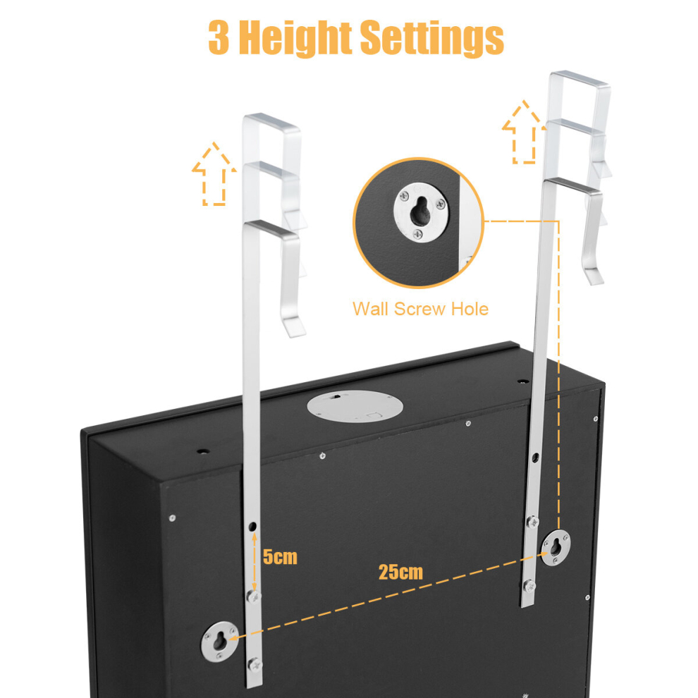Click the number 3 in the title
pos(219,37)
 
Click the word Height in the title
pos(295,38)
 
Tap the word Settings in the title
pos(431,38)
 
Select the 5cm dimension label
pos(280,557)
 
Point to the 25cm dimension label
pos(400,572)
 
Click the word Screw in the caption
pos(420,309)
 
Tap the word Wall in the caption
pos(372,309)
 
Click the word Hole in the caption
pos(470,309)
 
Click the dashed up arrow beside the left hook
pos(214,174)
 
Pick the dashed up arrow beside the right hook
pos(524,133)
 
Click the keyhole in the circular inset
pos(420,212)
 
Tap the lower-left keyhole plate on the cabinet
pos(220,642)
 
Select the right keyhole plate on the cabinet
pos(556,548)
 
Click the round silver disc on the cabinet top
pos(355,406)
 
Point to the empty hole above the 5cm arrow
pos(252,527)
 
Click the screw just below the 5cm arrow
pos(253,596)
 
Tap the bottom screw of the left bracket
pos(255,665)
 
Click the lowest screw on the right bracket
pos(529,586)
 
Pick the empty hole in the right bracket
pos(535,457)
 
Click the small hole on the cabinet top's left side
pos(203,451)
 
